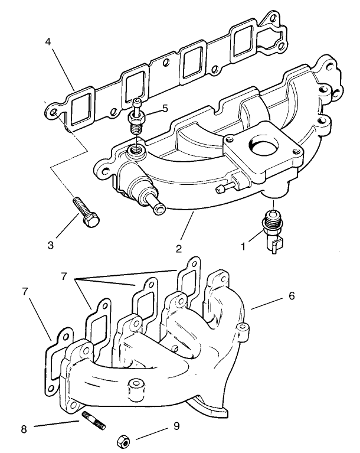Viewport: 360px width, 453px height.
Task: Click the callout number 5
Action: (165, 109)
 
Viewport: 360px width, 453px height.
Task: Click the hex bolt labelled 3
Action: (85, 210)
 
